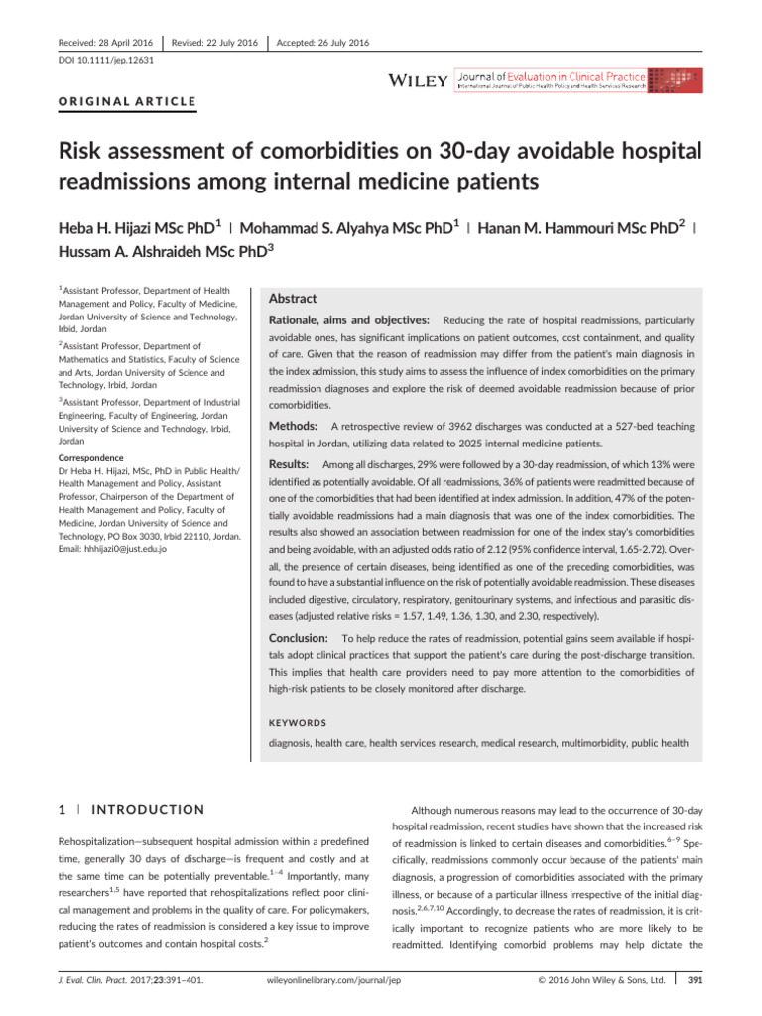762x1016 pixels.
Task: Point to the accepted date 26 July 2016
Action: (323, 43)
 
